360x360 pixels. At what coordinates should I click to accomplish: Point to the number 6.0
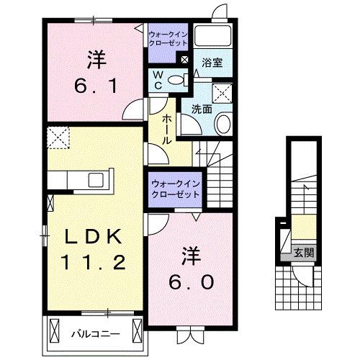pyautogui.click(x=191, y=283)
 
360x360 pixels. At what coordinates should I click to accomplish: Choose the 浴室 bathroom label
pyautogui.click(x=212, y=63)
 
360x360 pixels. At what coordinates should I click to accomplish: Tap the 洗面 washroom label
pyautogui.click(x=201, y=109)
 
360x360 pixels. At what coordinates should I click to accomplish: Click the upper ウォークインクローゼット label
pyautogui.click(x=169, y=38)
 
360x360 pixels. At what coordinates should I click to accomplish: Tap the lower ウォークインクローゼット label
pyautogui.click(x=176, y=189)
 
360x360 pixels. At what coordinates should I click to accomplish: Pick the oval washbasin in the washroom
pyautogui.click(x=222, y=124)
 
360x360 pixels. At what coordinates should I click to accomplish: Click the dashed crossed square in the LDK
pyautogui.click(x=57, y=135)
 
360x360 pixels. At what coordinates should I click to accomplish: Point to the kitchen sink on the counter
pyautogui.click(x=95, y=179)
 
